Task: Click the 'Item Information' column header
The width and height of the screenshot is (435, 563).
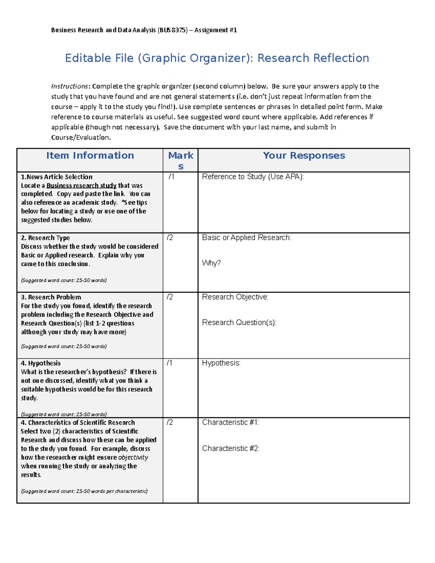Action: pos(90,156)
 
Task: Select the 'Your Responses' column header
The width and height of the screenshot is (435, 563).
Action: pos(304,156)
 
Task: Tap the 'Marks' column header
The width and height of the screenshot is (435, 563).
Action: pos(181,160)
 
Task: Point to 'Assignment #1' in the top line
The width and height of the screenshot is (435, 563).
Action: pos(216,30)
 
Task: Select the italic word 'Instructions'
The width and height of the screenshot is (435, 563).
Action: pos(69,86)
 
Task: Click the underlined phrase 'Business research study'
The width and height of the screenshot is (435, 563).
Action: pos(82,186)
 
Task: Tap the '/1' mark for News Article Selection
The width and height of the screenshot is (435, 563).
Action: pos(171,177)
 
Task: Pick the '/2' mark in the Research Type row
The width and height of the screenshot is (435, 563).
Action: pos(170,238)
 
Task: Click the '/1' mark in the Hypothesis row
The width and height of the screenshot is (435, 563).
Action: pos(170,363)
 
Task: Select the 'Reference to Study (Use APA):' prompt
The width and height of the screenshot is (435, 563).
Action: pos(253,177)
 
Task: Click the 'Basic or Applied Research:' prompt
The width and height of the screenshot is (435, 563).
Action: pos(246,238)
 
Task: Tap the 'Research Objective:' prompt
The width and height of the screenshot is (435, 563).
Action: pos(235,297)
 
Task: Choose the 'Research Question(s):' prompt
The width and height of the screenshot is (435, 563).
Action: pos(239,323)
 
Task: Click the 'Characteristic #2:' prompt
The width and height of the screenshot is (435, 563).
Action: pos(231,448)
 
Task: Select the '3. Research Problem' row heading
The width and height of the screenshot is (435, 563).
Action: pos(51,297)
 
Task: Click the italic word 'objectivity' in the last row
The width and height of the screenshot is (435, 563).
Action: pos(133,458)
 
